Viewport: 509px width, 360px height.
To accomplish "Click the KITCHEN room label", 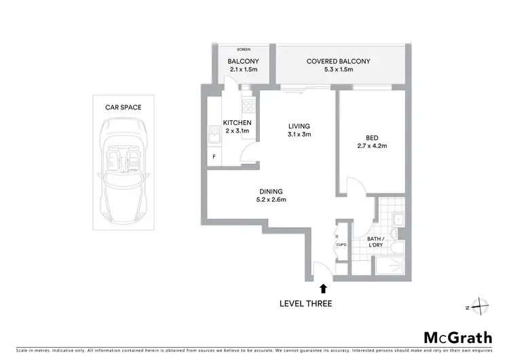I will (237, 122).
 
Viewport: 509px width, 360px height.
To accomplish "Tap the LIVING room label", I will (299, 126).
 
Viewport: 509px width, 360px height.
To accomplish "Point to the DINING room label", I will (271, 191).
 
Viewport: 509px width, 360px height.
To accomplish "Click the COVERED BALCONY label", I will (338, 61).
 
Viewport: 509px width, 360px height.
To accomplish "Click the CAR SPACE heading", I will (122, 107).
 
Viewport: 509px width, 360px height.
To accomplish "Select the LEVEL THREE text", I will (306, 304).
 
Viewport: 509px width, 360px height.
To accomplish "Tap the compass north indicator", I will (480, 307).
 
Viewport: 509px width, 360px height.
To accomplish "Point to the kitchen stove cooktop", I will (248, 106).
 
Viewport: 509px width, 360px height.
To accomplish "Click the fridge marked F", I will (214, 157).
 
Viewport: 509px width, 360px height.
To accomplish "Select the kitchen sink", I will (215, 139).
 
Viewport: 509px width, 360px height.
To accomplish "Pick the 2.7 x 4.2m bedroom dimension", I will (371, 145).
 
